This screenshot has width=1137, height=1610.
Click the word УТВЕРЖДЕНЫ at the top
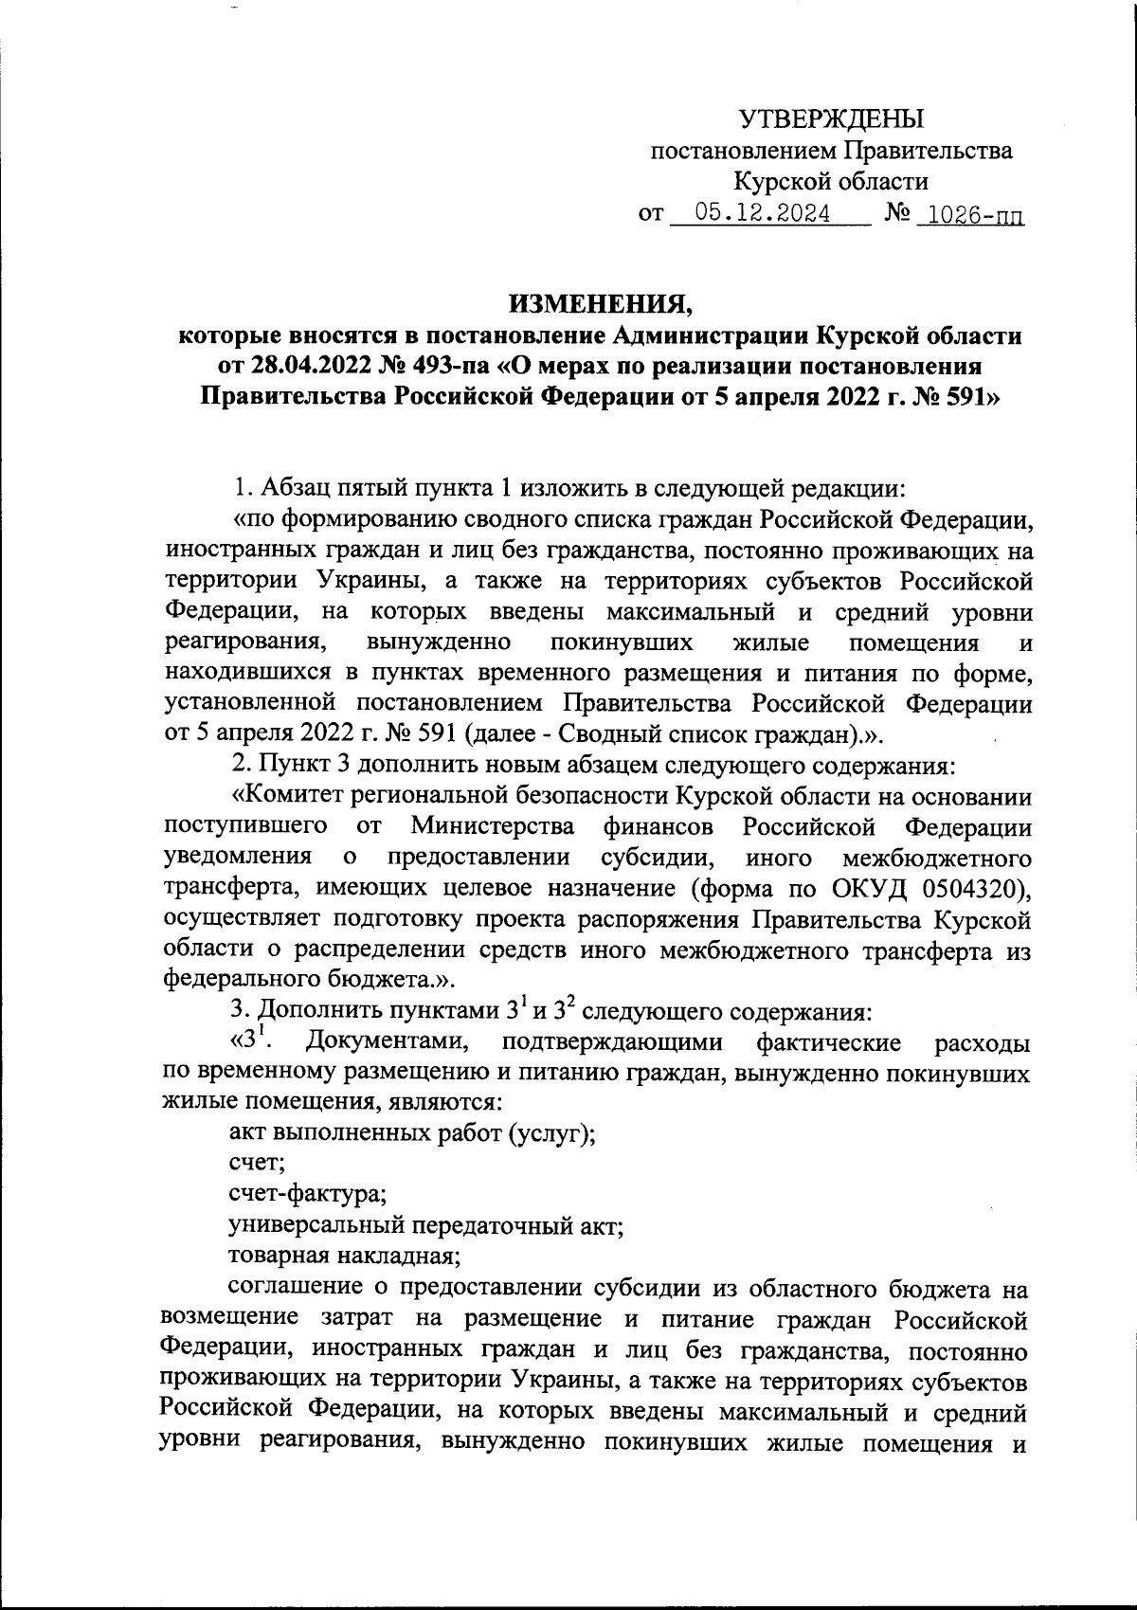830,119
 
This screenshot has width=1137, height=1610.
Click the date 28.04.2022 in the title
314,365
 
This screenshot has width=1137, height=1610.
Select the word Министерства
493,826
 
